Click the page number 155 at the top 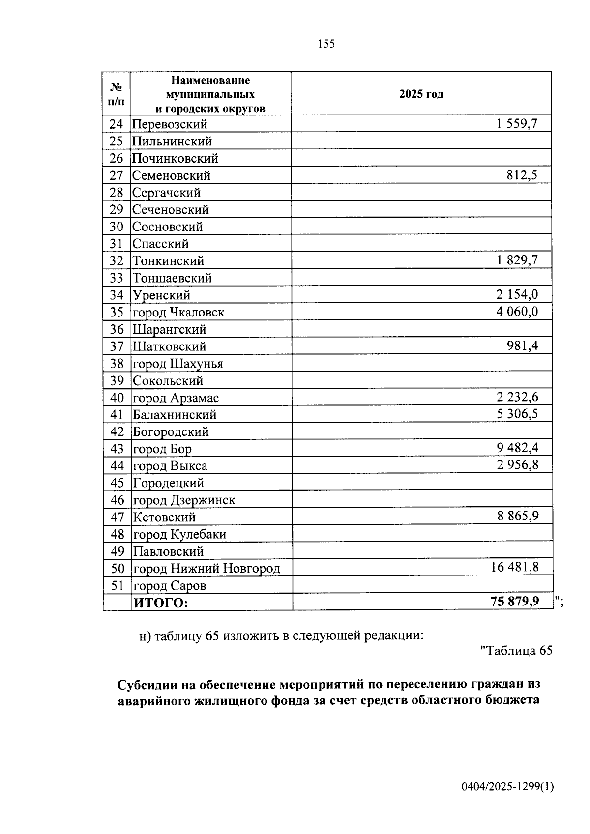click(326, 44)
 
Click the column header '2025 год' click(421, 94)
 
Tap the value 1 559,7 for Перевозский click(517, 124)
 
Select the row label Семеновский click(171, 175)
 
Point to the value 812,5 click(522, 175)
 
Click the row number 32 click(117, 261)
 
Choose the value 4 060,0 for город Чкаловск click(517, 312)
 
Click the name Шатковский click(169, 346)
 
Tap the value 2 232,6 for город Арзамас click(517, 397)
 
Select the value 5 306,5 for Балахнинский click(517, 414)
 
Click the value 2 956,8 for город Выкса click(517, 465)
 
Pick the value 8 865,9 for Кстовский click(517, 517)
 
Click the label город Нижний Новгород click(206, 569)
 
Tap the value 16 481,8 click(514, 568)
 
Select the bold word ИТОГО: click(161, 603)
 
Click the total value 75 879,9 click(514, 602)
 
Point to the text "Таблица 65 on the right click(516, 651)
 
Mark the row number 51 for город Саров click(117, 586)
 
